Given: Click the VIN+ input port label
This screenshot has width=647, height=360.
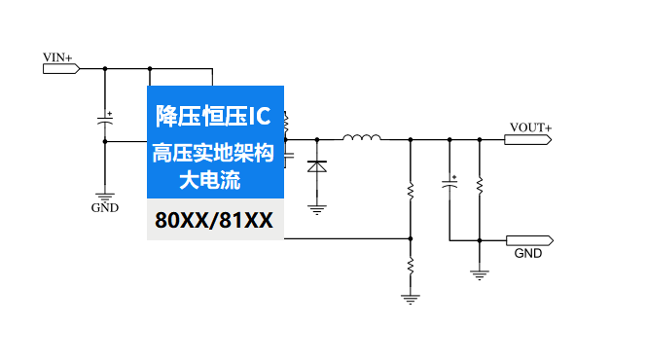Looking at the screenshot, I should coord(57,58).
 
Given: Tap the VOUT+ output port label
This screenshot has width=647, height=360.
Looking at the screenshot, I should coord(530,127).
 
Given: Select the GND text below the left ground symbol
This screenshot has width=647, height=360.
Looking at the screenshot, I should coord(105,207).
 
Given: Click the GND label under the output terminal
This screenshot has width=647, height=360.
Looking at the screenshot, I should coord(528,254).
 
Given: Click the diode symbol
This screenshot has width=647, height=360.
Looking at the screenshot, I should coord(316,166).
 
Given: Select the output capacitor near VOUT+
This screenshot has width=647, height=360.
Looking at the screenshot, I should coord(449,184).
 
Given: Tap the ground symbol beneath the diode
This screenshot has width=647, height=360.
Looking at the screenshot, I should coord(316,206).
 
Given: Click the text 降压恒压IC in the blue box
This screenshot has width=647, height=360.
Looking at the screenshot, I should coord(213,117).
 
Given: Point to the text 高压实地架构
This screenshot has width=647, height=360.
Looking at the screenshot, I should coord(213,154).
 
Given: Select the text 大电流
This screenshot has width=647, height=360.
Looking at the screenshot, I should coord(213,180).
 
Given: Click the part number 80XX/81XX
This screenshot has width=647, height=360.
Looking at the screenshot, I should coord(214,220).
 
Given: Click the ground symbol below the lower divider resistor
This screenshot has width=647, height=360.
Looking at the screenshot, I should coord(411,298).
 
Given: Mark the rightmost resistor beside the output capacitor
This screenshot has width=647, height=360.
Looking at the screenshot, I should coord(480,184).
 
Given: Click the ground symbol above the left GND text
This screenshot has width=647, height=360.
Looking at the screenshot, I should coord(105,194).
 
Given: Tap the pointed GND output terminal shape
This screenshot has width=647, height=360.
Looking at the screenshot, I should coord(530,239).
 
